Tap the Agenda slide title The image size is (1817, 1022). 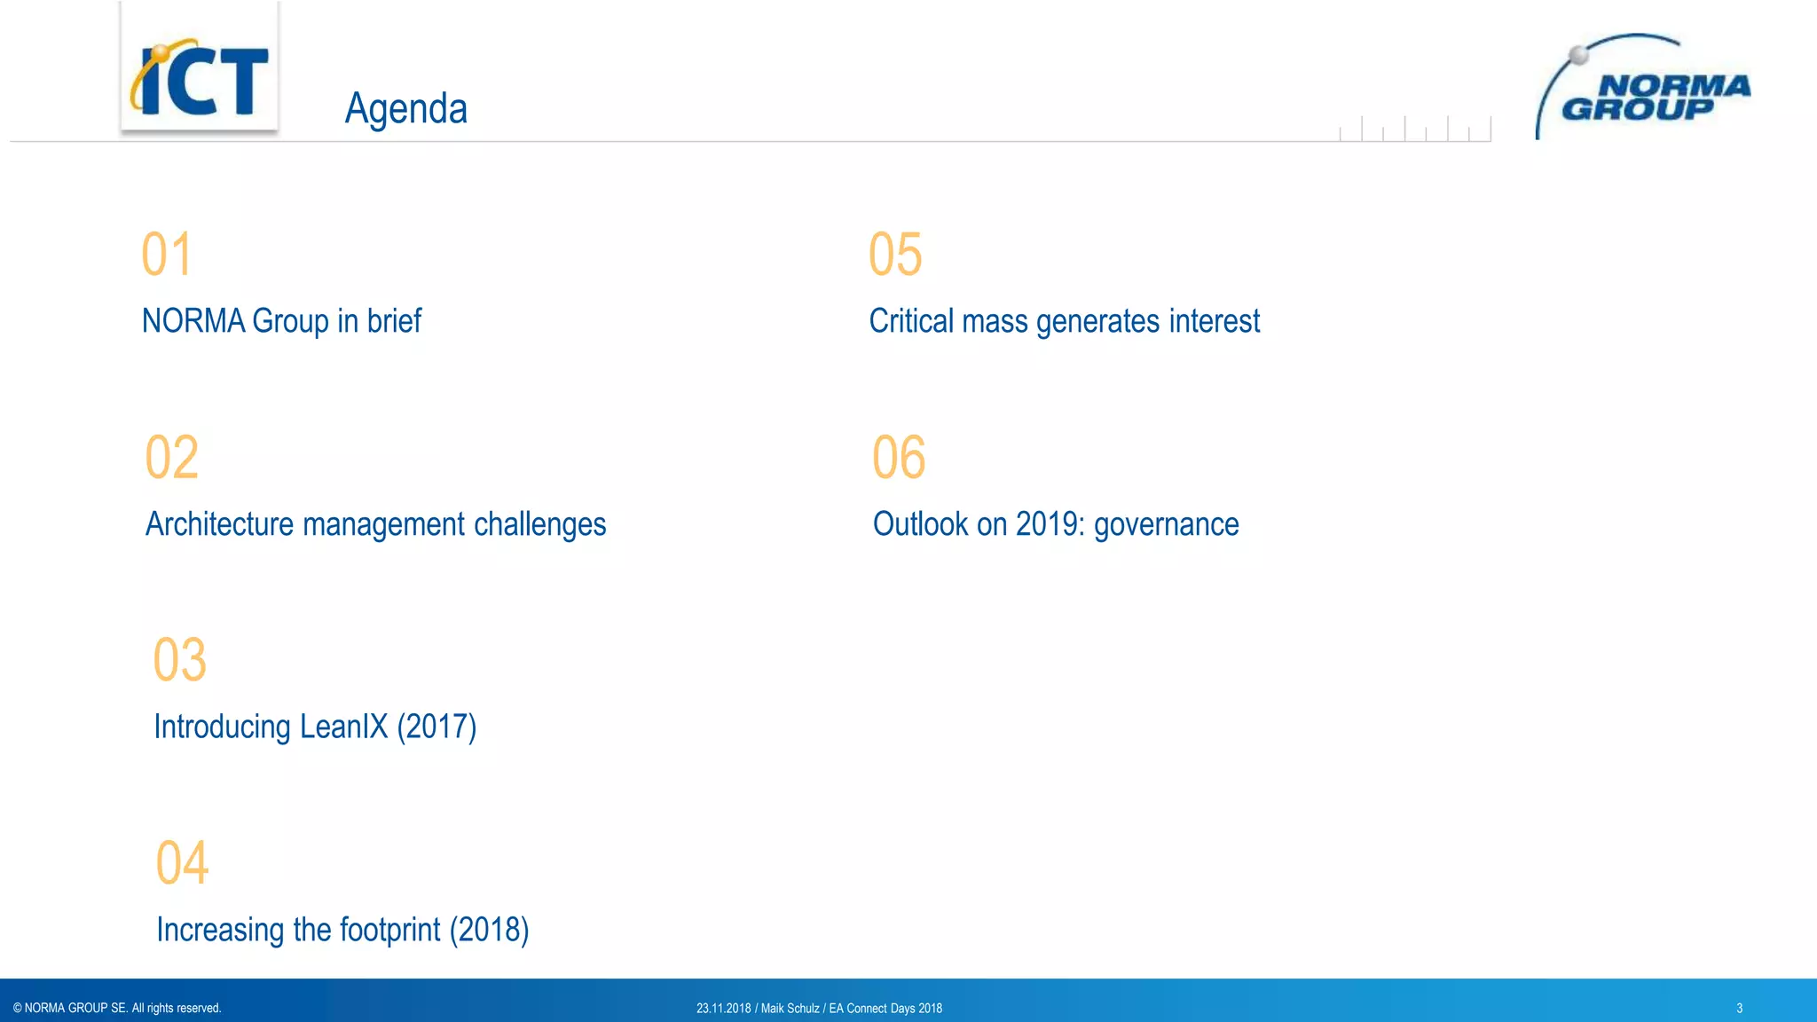point(405,109)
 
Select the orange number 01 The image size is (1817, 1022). point(167,255)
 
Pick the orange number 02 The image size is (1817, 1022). point(172,458)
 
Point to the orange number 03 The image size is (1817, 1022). point(180,660)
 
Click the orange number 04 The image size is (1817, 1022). point(183,863)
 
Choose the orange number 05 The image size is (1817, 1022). point(895,255)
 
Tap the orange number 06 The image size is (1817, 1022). point(899,458)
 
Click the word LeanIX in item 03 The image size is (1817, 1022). point(343,727)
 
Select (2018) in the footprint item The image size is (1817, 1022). point(489,930)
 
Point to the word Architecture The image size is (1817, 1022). point(219,524)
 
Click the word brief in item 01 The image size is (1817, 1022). point(394,321)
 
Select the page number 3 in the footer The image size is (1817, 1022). point(1739,1008)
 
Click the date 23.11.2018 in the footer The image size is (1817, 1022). point(723,1009)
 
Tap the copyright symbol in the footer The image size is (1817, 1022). point(18,1008)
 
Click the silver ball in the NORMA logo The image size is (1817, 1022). point(1579,55)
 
